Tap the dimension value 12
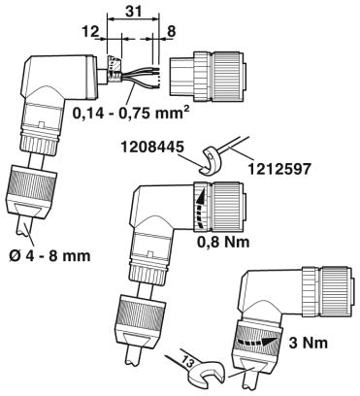point(90,32)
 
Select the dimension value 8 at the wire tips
point(171,32)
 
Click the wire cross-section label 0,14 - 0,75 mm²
point(130,114)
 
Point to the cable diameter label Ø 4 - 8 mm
point(49,256)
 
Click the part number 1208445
point(152,148)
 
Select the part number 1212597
point(278,169)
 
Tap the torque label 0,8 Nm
point(224,242)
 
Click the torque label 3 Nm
point(309,344)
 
